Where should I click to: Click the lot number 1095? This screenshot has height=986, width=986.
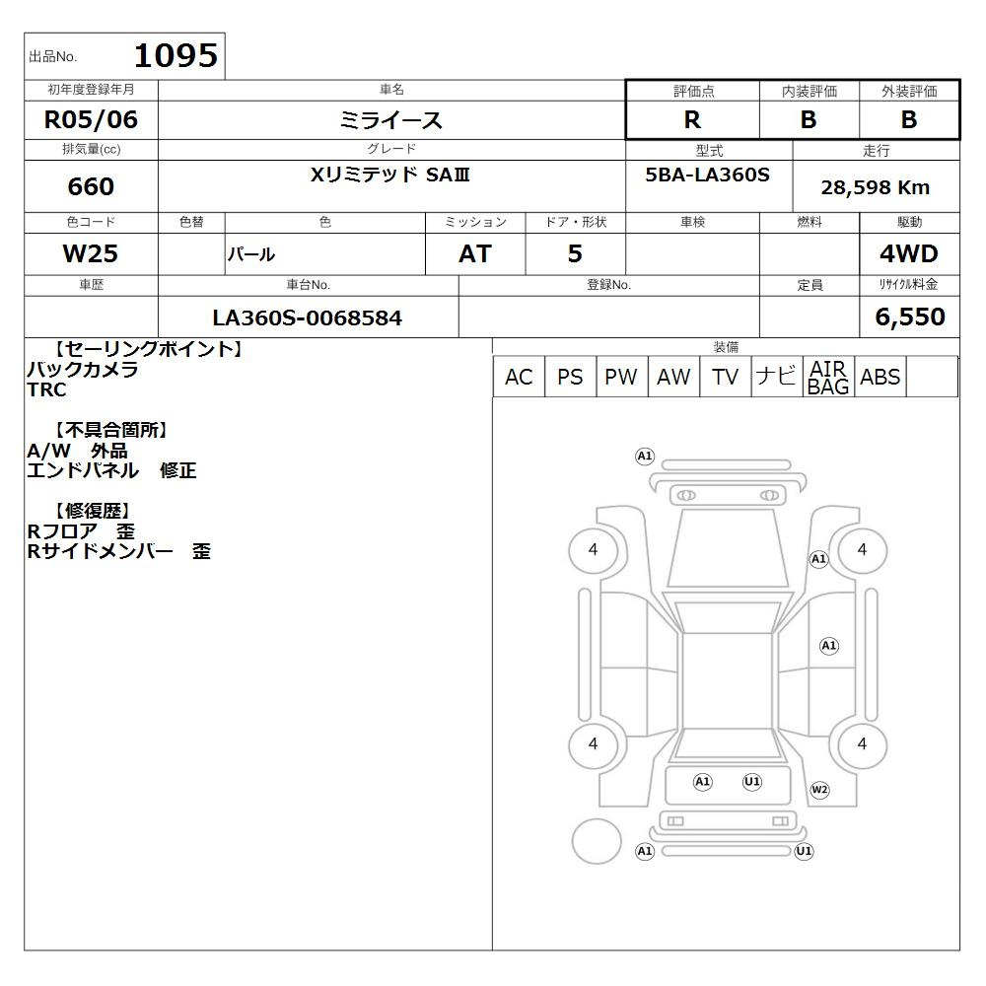(x=176, y=55)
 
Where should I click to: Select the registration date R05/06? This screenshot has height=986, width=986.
(x=91, y=119)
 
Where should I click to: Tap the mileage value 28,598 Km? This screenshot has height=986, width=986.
(x=876, y=187)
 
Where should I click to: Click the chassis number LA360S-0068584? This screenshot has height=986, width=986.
(x=308, y=317)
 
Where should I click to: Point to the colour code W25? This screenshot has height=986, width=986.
(x=91, y=253)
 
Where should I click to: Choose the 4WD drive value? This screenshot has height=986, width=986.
(x=909, y=253)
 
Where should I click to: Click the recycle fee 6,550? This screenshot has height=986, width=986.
(x=910, y=317)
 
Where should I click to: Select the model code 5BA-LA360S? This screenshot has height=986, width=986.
(x=707, y=175)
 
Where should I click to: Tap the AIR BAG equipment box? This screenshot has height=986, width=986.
(x=829, y=377)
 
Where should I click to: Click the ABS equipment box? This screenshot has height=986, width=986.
(x=880, y=377)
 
